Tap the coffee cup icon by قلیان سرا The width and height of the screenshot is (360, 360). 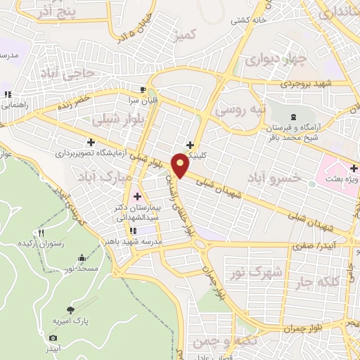[143, 89]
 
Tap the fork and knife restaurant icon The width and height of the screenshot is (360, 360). [41, 233]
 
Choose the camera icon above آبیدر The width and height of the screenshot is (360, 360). [53, 337]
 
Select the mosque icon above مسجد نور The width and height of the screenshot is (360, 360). [82, 258]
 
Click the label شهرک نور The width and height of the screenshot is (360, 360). [252, 271]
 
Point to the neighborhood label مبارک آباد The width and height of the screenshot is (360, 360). [108, 174]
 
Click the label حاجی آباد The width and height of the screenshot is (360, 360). [67, 73]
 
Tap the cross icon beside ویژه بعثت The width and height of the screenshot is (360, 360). [354, 168]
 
